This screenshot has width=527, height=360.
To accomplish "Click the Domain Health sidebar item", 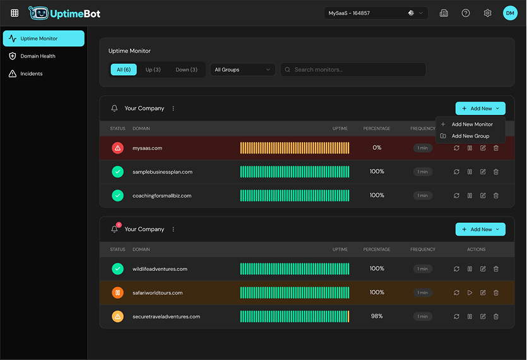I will [x=38, y=56].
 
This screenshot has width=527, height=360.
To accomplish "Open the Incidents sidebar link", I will [x=32, y=74].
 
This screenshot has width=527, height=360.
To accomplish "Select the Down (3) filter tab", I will [x=186, y=69].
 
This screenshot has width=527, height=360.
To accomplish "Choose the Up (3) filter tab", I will [x=153, y=69].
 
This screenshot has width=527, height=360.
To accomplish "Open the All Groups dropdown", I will [x=242, y=69].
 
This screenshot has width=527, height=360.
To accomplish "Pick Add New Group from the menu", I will [x=470, y=136].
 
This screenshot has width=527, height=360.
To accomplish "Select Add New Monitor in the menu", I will [x=471, y=124].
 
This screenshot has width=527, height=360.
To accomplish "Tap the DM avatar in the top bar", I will [x=510, y=13].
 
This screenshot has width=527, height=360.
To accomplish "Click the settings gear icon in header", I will [x=487, y=13].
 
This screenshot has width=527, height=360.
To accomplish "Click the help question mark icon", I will [x=466, y=13].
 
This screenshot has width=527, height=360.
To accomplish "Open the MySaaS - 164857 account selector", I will [x=376, y=13].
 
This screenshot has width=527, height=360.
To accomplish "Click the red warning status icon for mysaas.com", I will [x=118, y=148].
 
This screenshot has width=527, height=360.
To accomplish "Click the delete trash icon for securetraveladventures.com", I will [x=496, y=316].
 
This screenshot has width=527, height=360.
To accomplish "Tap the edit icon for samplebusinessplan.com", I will [x=483, y=172].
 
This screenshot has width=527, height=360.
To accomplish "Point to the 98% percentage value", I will [x=377, y=316].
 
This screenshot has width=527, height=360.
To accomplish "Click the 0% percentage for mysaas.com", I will [x=377, y=148].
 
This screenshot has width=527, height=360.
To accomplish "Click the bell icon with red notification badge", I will [x=115, y=229].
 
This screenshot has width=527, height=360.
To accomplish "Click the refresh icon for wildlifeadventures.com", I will [x=456, y=269].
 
